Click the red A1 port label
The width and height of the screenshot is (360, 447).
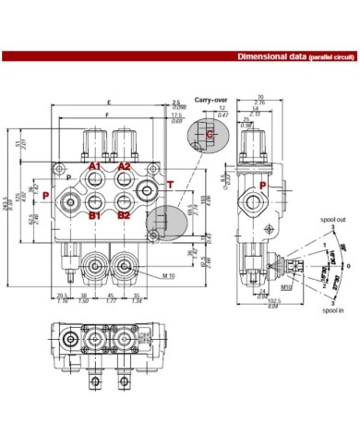tap(94, 166)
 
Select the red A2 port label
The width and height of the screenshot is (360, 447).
tap(124, 166)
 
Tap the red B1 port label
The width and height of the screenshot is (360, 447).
tap(94, 215)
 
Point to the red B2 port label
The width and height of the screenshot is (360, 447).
tap(123, 215)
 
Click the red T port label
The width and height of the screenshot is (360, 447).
tap(169, 185)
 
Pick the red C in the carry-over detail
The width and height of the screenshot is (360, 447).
tap(210, 135)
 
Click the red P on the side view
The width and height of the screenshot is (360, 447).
tap(262, 186)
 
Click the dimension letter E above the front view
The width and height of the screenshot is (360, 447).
tap(108, 101)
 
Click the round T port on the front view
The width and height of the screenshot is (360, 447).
tap(147, 192)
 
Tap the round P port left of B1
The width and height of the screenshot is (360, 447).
tap(71, 199)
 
